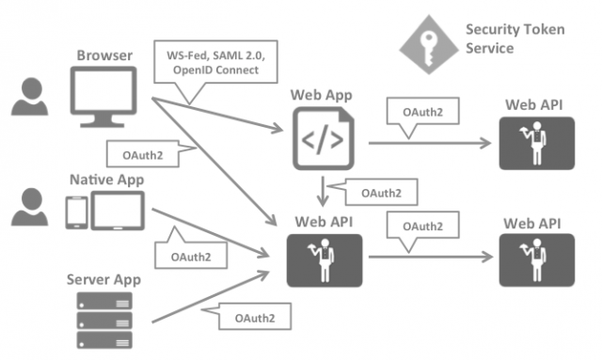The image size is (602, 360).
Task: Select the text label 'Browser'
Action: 103,55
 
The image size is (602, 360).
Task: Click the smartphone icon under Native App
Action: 75,212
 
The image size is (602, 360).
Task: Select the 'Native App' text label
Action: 105,179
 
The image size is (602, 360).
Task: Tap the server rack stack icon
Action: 104,321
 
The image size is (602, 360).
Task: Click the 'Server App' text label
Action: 105,280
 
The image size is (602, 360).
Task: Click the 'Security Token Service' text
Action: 515,39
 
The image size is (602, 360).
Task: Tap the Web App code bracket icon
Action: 325,139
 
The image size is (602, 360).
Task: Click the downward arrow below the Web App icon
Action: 324,192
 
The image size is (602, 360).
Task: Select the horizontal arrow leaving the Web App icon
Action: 428,143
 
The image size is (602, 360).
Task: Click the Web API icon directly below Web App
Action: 325,258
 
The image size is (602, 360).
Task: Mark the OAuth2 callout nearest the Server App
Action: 252,318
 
